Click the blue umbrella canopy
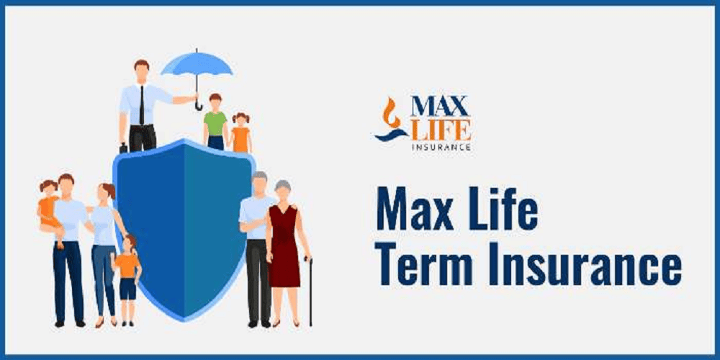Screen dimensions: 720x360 (197, 63)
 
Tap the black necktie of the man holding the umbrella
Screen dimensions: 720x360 (142, 105)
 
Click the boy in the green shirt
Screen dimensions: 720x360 (215, 121)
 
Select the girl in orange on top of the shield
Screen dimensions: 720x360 (240, 132)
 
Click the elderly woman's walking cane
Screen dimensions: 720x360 (310, 291)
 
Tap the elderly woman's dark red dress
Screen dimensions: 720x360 (283, 246)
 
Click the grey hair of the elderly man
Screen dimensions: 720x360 (259, 176)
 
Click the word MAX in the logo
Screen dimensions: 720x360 (439, 106)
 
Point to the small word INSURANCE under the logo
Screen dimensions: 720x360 (441, 148)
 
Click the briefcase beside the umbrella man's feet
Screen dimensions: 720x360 (123, 148)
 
